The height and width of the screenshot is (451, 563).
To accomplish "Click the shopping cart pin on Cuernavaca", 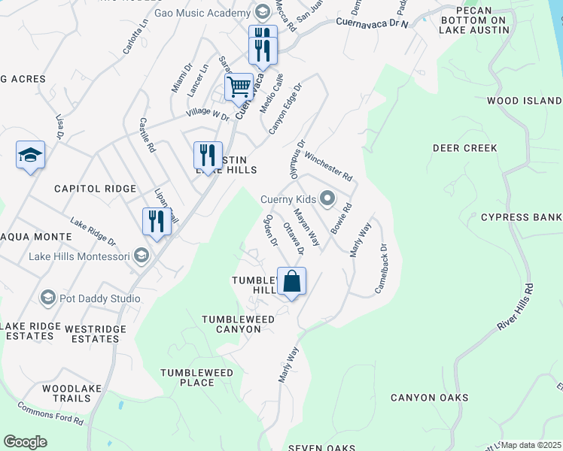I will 239,86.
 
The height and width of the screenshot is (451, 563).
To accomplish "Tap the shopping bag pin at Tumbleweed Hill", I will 292,282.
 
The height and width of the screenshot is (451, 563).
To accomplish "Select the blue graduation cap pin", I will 30,156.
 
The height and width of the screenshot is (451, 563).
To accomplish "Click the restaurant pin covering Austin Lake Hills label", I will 208,156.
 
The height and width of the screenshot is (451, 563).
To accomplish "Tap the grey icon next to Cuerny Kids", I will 327,199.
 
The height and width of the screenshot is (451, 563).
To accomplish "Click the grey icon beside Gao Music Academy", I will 261,13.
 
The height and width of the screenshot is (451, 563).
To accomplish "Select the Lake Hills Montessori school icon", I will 141,256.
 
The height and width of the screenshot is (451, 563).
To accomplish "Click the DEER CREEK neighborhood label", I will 465,148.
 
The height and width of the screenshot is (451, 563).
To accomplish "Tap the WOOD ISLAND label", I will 524,101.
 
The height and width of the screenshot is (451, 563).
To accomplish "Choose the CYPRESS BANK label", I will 521,218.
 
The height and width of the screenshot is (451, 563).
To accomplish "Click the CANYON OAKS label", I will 429,397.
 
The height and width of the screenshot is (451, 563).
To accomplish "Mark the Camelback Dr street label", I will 381,268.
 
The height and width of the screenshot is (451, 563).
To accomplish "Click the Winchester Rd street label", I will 328,165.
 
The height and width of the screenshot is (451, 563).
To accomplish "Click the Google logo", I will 25,442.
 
